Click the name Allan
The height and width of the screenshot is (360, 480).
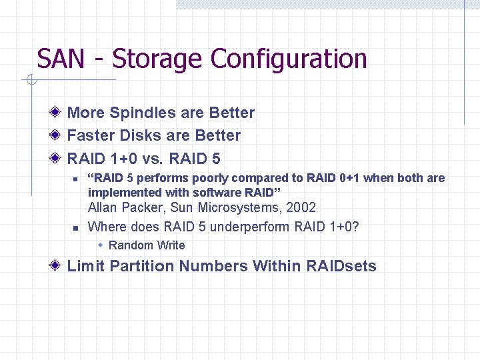click(104, 208)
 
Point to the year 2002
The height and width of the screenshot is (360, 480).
click(301, 208)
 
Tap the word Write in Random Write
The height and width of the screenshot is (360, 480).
click(171, 245)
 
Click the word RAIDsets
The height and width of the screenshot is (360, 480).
click(341, 267)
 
